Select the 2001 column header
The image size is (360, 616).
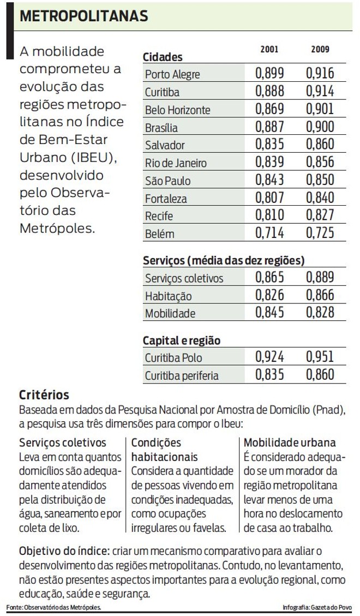coord(269,50)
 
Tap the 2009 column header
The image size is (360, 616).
coord(320,50)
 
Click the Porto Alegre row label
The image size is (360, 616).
coord(172,75)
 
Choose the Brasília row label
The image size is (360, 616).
coord(161,128)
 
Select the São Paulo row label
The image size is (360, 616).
coord(167,181)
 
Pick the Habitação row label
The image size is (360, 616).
coord(168,296)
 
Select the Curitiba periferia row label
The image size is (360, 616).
coord(182,376)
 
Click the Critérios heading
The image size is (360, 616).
coord(44,394)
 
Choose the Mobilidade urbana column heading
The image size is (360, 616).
coord(290,442)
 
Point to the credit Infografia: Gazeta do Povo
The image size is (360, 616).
coord(317,607)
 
